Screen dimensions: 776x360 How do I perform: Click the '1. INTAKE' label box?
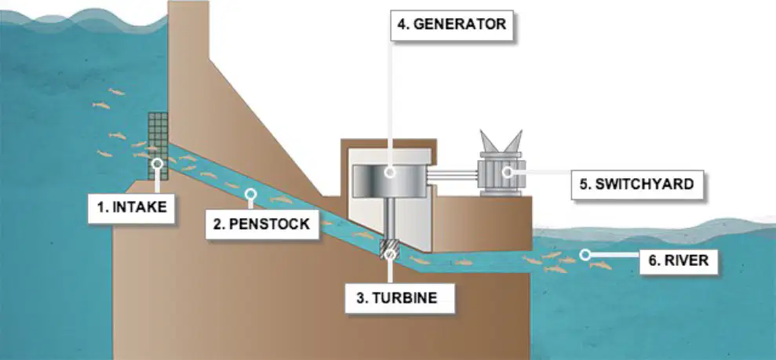click(x=132, y=208)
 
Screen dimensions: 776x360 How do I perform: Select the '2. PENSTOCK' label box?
click(x=262, y=224)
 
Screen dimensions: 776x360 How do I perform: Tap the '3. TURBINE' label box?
click(x=399, y=298)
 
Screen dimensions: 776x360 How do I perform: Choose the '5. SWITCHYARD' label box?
click(x=637, y=184)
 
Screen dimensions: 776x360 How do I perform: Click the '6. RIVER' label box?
click(x=679, y=260)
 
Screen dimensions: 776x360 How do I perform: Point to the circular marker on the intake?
click(x=158, y=164)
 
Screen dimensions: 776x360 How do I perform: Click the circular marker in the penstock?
click(x=251, y=194)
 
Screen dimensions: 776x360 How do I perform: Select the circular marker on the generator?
click(x=390, y=172)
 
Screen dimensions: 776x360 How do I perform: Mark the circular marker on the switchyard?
click(x=508, y=172)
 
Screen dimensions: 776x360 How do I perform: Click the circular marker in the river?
click(x=585, y=255)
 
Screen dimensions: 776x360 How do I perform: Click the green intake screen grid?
click(x=158, y=146)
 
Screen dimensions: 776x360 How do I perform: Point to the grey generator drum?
click(x=389, y=180)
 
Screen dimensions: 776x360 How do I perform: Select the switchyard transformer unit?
click(x=501, y=163)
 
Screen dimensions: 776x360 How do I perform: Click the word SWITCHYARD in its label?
click(x=644, y=184)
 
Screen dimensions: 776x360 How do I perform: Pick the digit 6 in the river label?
click(x=651, y=260)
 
